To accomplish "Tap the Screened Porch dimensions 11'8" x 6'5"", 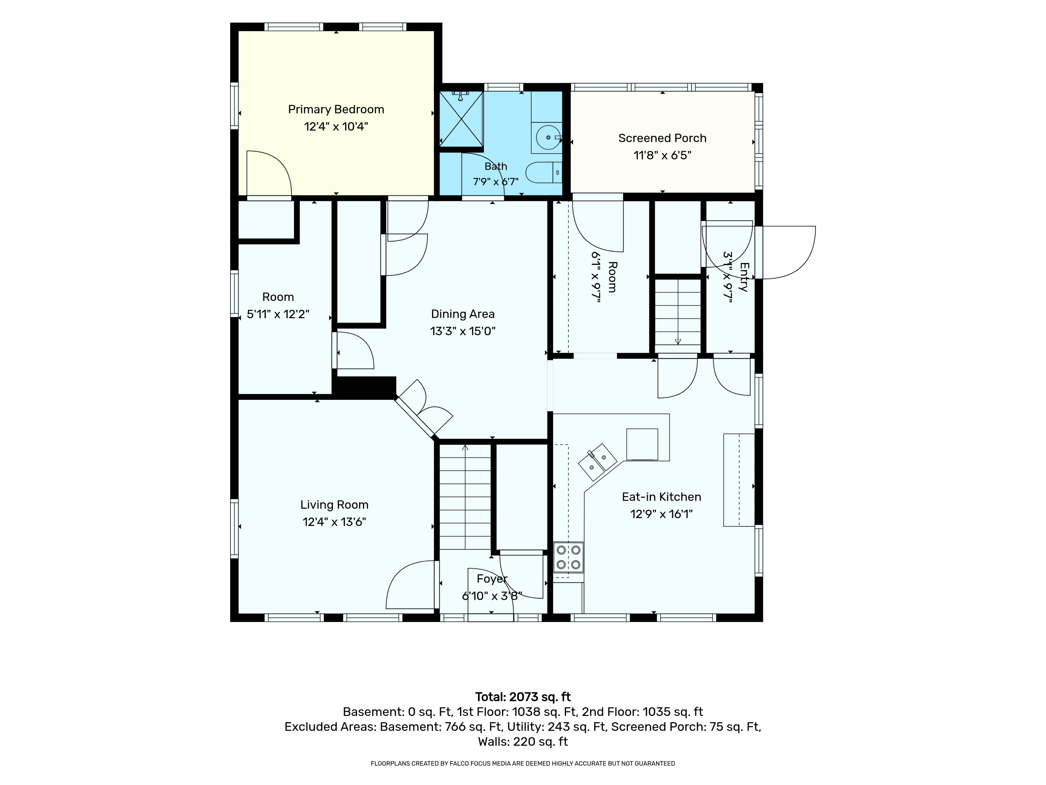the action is pyautogui.click(x=662, y=155).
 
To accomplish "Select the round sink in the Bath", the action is pyautogui.click(x=548, y=137).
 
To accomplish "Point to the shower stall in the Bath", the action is pyautogui.click(x=462, y=119).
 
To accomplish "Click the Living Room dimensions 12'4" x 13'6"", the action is pyautogui.click(x=334, y=522).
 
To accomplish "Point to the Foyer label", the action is pyautogui.click(x=492, y=579).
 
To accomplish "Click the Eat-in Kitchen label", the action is pyautogui.click(x=661, y=497).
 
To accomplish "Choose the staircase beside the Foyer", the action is pyautogui.click(x=465, y=497).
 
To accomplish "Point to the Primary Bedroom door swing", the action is pyautogui.click(x=268, y=173).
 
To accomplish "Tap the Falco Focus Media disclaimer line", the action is pyautogui.click(x=523, y=763).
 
